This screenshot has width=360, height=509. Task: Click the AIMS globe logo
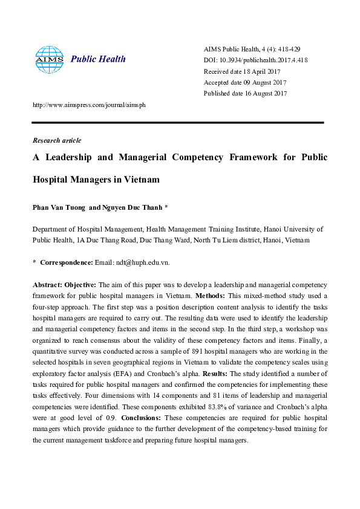click(x=49, y=59)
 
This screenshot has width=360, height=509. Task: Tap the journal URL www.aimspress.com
click(x=88, y=105)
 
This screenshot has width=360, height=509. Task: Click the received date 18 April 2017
click(x=244, y=71)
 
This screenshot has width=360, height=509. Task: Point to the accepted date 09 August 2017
click(x=245, y=82)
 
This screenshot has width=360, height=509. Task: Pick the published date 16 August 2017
click(x=245, y=93)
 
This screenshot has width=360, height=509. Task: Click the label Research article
click(x=57, y=140)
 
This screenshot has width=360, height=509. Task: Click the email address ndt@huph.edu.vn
click(x=141, y=262)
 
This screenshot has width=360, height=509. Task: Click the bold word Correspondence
click(x=66, y=262)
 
